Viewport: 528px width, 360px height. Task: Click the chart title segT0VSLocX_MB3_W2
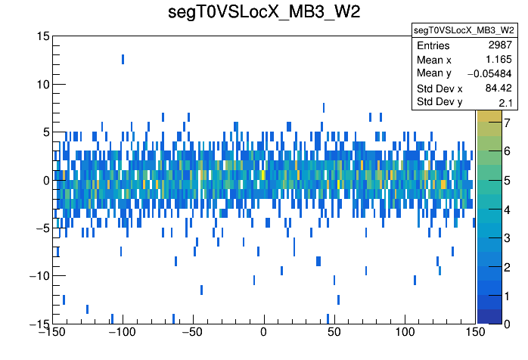[263, 13]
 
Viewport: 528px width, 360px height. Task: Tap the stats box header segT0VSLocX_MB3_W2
[464, 29]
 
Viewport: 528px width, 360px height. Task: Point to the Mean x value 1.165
[500, 59]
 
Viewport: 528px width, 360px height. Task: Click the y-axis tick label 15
[42, 36]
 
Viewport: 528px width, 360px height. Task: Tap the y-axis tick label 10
[42, 84]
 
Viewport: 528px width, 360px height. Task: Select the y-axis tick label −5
[42, 228]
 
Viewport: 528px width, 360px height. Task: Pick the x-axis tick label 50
[334, 332]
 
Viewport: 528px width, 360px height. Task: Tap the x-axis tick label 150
[475, 332]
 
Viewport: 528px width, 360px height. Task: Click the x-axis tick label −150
[52, 332]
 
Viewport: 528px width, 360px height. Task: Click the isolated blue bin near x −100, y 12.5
[123, 59]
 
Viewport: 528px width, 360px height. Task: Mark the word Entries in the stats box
[433, 46]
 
